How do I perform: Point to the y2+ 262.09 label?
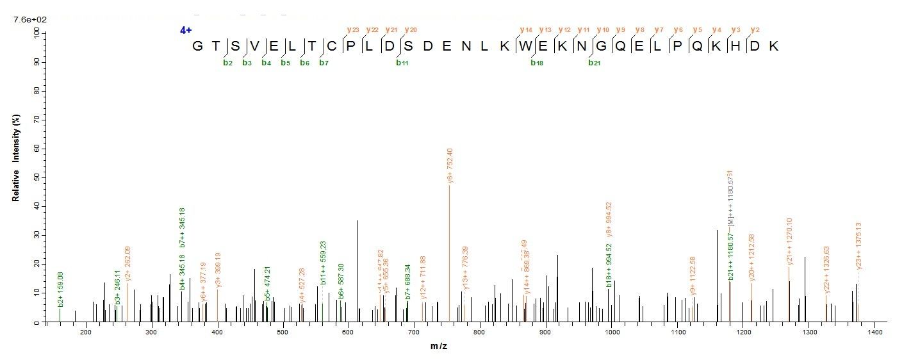click(x=128, y=263)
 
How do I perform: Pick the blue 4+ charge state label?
click(x=186, y=30)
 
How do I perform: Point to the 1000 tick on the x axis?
click(x=612, y=333)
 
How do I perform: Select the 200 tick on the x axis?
click(x=86, y=333)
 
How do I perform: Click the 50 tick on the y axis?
click(x=36, y=177)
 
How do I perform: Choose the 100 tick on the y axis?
click(x=36, y=33)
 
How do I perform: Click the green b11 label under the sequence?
click(x=402, y=63)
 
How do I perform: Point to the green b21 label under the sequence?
click(x=595, y=63)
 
